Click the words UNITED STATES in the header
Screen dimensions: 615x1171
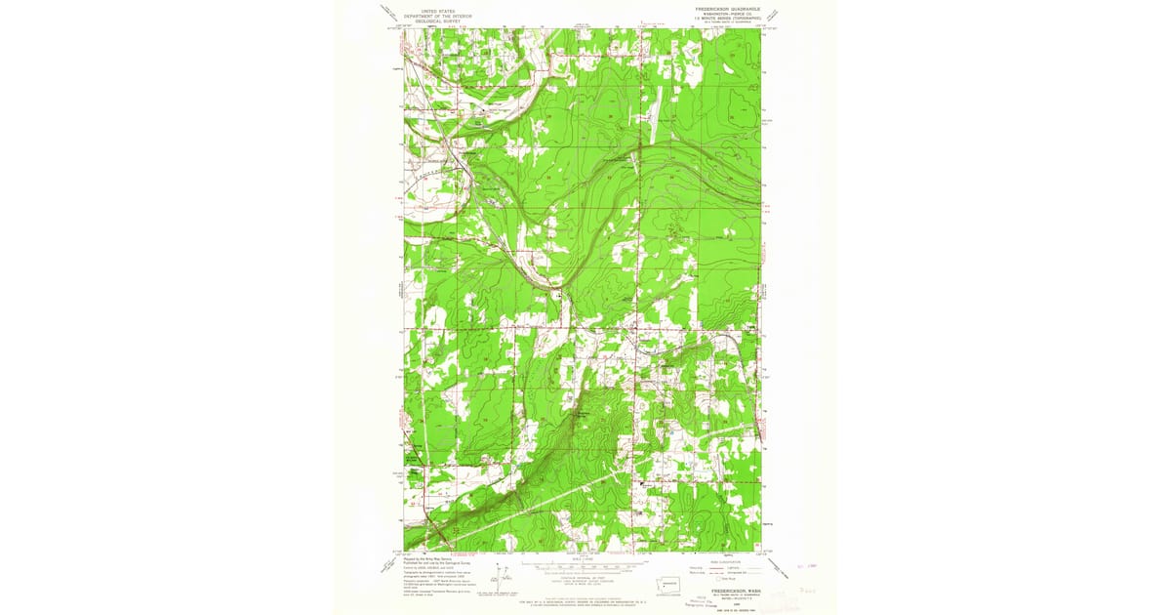click(438, 10)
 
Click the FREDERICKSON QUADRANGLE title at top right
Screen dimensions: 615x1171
click(727, 9)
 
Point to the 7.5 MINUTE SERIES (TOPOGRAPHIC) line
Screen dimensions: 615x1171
click(727, 18)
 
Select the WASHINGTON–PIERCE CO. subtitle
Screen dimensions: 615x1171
click(727, 13)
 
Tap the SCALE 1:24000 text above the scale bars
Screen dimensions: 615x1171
click(585, 558)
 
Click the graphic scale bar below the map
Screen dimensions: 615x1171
click(585, 565)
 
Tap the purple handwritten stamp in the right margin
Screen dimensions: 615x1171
click(804, 591)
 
